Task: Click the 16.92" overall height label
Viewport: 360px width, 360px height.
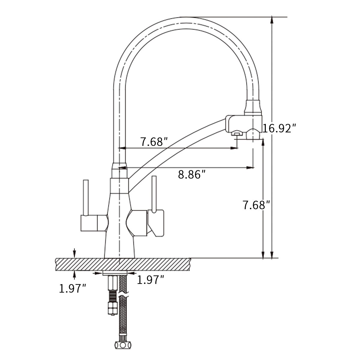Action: pyautogui.click(x=279, y=128)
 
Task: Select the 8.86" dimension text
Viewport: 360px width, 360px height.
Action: pyautogui.click(x=192, y=175)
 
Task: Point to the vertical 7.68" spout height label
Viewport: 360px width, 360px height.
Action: pyautogui.click(x=256, y=205)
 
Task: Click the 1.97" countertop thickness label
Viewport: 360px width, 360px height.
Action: pyautogui.click(x=73, y=288)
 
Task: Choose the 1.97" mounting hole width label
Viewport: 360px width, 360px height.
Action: pyautogui.click(x=151, y=280)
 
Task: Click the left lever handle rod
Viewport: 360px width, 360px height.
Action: pyautogui.click(x=86, y=198)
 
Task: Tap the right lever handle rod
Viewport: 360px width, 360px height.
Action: pyautogui.click(x=154, y=194)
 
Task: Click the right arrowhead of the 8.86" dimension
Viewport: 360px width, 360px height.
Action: pyautogui.click(x=250, y=168)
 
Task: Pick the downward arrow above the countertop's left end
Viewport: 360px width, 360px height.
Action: pyautogui.click(x=74, y=253)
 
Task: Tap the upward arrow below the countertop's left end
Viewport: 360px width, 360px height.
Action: pyautogui.click(x=74, y=275)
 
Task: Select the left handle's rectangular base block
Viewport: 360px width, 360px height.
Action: pyautogui.click(x=89, y=223)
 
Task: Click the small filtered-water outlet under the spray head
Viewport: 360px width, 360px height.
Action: pyautogui.click(x=236, y=133)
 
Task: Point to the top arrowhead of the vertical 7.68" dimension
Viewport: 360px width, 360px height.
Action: pyautogui.click(x=263, y=143)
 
